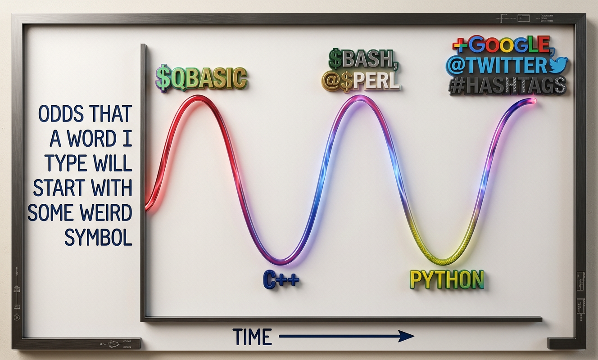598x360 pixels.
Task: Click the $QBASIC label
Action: tap(201, 77)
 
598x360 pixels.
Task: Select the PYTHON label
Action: tap(447, 280)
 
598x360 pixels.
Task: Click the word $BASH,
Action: tap(363, 59)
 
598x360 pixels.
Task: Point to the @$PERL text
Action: tap(361, 81)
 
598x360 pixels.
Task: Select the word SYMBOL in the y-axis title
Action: tap(98, 238)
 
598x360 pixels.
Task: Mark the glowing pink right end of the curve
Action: tap(533, 100)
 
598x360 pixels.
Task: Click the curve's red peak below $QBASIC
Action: tap(198, 97)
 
